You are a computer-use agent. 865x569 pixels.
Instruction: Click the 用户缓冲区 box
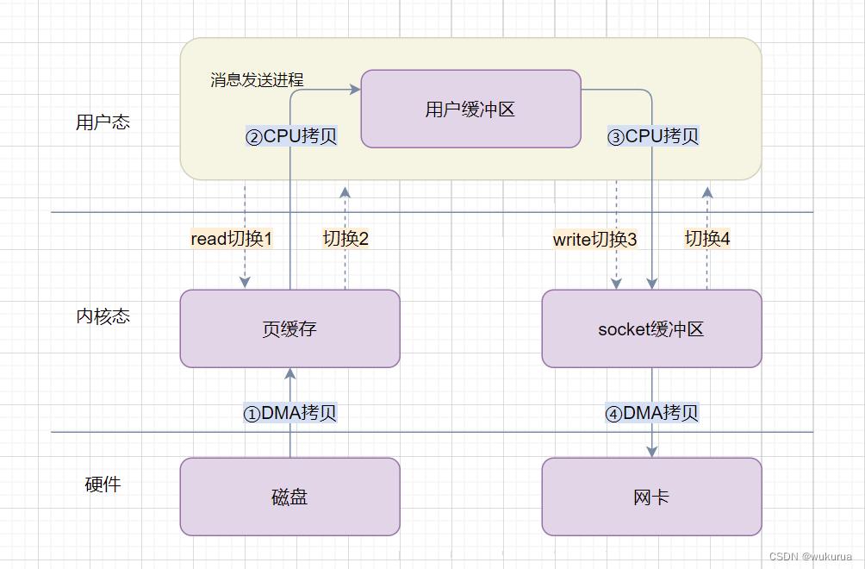[x=470, y=109]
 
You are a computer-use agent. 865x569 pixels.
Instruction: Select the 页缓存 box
[x=289, y=328]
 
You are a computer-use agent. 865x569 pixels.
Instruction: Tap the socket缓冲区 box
[x=651, y=328]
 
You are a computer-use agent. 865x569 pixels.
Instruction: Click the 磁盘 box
[x=289, y=497]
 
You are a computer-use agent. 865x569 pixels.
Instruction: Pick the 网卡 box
[x=651, y=497]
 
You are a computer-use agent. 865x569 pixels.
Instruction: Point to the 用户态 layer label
[x=103, y=122]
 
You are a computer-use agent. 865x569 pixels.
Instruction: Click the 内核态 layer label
[x=103, y=316]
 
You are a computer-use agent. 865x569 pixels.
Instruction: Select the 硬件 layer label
[x=103, y=485]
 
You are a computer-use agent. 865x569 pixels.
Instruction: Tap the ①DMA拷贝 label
[x=289, y=413]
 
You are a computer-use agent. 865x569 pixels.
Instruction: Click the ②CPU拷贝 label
[x=291, y=136]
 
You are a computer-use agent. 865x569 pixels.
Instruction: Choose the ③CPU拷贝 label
[x=653, y=136]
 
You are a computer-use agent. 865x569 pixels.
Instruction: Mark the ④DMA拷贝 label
[x=651, y=413]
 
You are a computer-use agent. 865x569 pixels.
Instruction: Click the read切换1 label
[x=231, y=239]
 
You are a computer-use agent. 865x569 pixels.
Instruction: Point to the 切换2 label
[x=345, y=239]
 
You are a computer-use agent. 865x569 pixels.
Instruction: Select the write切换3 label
[x=594, y=240]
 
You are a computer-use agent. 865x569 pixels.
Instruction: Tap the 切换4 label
[x=707, y=239]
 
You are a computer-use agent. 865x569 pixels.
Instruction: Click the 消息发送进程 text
[x=257, y=80]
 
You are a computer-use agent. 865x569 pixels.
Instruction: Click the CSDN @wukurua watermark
[x=810, y=557]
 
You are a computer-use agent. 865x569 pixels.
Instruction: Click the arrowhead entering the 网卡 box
[x=652, y=452]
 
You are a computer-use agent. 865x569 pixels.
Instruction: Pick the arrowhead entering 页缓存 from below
[x=290, y=374]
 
